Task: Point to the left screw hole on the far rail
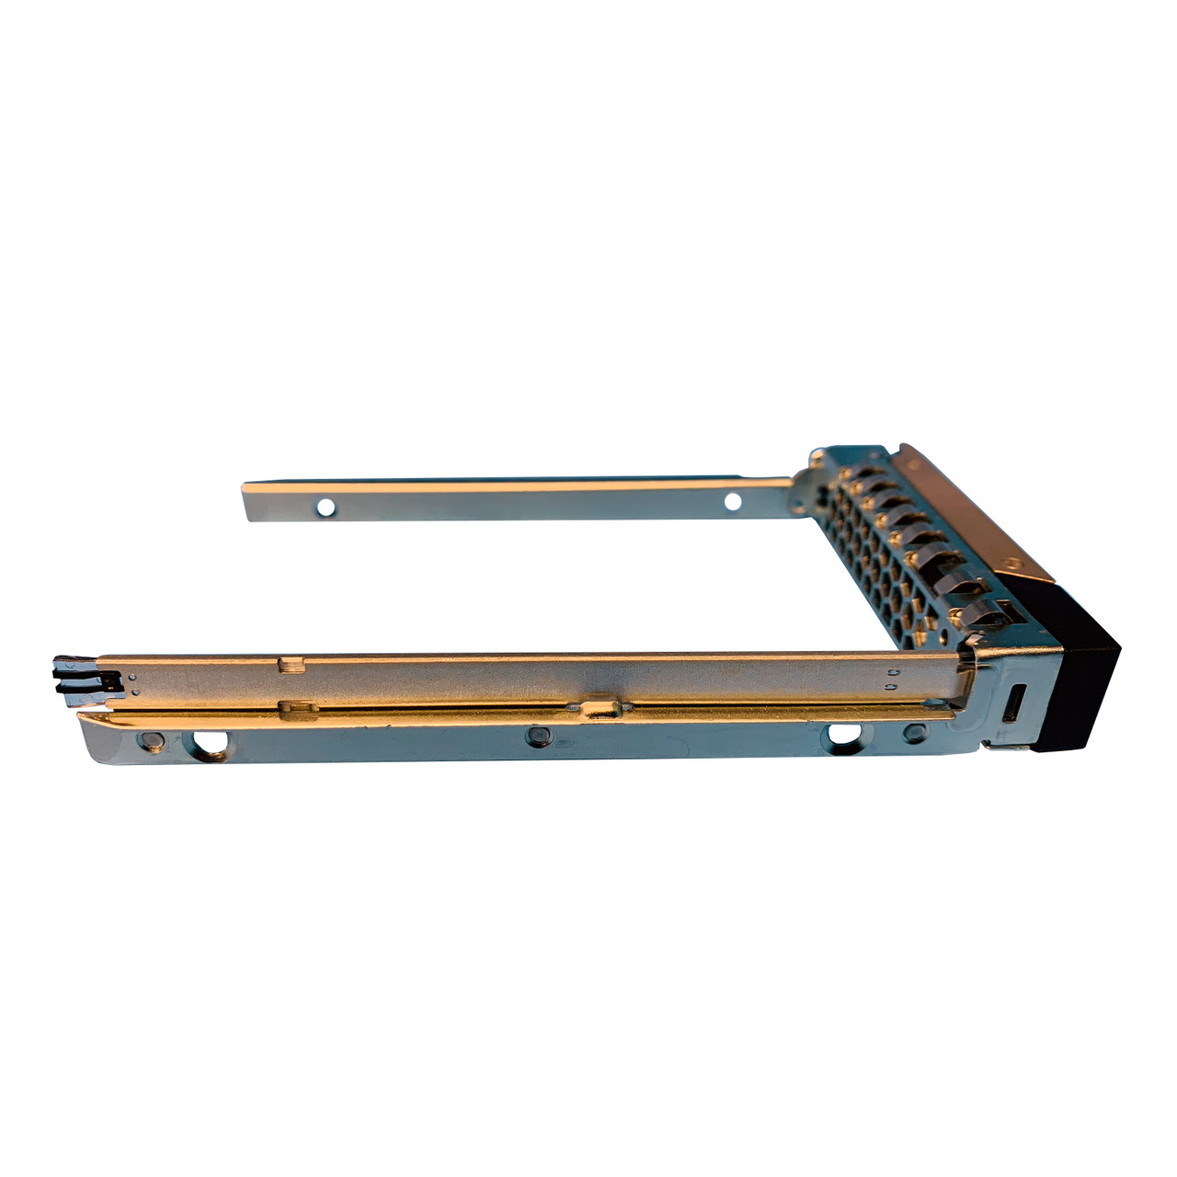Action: (325, 507)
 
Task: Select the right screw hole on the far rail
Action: (732, 501)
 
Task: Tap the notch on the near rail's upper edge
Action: (291, 664)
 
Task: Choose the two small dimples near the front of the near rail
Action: (893, 679)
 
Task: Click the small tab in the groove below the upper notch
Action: (292, 707)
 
